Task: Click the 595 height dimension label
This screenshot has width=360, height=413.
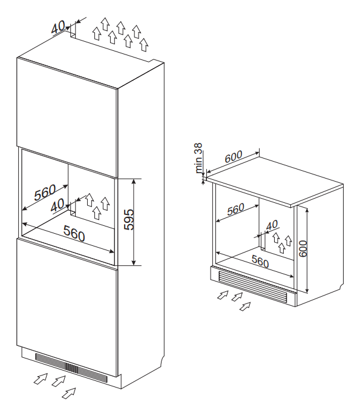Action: click(129, 220)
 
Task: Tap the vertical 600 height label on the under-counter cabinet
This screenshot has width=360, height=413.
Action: click(303, 248)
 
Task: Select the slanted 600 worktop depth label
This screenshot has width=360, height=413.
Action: click(234, 156)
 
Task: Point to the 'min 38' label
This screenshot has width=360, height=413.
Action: click(198, 158)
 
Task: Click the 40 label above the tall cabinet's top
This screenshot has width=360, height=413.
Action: click(59, 27)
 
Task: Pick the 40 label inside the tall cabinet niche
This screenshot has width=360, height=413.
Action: click(57, 205)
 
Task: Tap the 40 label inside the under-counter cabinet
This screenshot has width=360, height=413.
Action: click(272, 225)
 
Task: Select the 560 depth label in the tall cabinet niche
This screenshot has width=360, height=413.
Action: click(45, 193)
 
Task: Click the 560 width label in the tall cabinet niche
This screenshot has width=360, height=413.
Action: click(74, 233)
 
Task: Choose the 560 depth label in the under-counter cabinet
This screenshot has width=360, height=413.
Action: click(236, 209)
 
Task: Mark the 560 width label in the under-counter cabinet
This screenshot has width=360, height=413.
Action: click(260, 261)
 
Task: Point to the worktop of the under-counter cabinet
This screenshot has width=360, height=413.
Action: click(275, 181)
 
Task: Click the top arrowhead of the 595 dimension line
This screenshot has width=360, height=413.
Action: click(134, 180)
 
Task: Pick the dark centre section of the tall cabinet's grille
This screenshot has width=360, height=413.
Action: click(71, 368)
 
